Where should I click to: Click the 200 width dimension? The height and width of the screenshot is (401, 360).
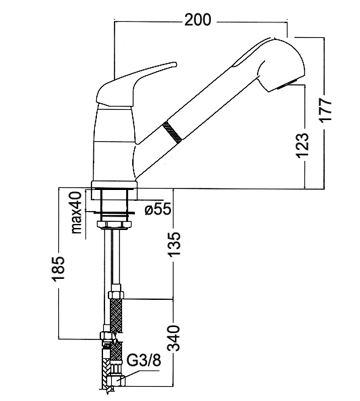198,20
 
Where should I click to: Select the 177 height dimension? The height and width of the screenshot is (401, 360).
325,109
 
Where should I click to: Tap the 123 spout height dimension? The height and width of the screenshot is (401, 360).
302,145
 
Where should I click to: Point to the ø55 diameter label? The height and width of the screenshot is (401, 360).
158,210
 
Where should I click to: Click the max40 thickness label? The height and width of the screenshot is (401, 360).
77,212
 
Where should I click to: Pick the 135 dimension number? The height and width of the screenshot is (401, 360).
174,244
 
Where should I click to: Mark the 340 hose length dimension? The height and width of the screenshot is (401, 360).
174,338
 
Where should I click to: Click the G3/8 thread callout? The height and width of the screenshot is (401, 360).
144,361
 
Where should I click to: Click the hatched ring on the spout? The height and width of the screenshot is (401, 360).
172,132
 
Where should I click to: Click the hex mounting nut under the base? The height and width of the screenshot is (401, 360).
114,225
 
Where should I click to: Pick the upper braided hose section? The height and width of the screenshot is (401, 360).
116,316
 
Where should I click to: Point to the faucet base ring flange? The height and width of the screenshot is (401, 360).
114,185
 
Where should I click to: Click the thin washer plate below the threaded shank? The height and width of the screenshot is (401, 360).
114,212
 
